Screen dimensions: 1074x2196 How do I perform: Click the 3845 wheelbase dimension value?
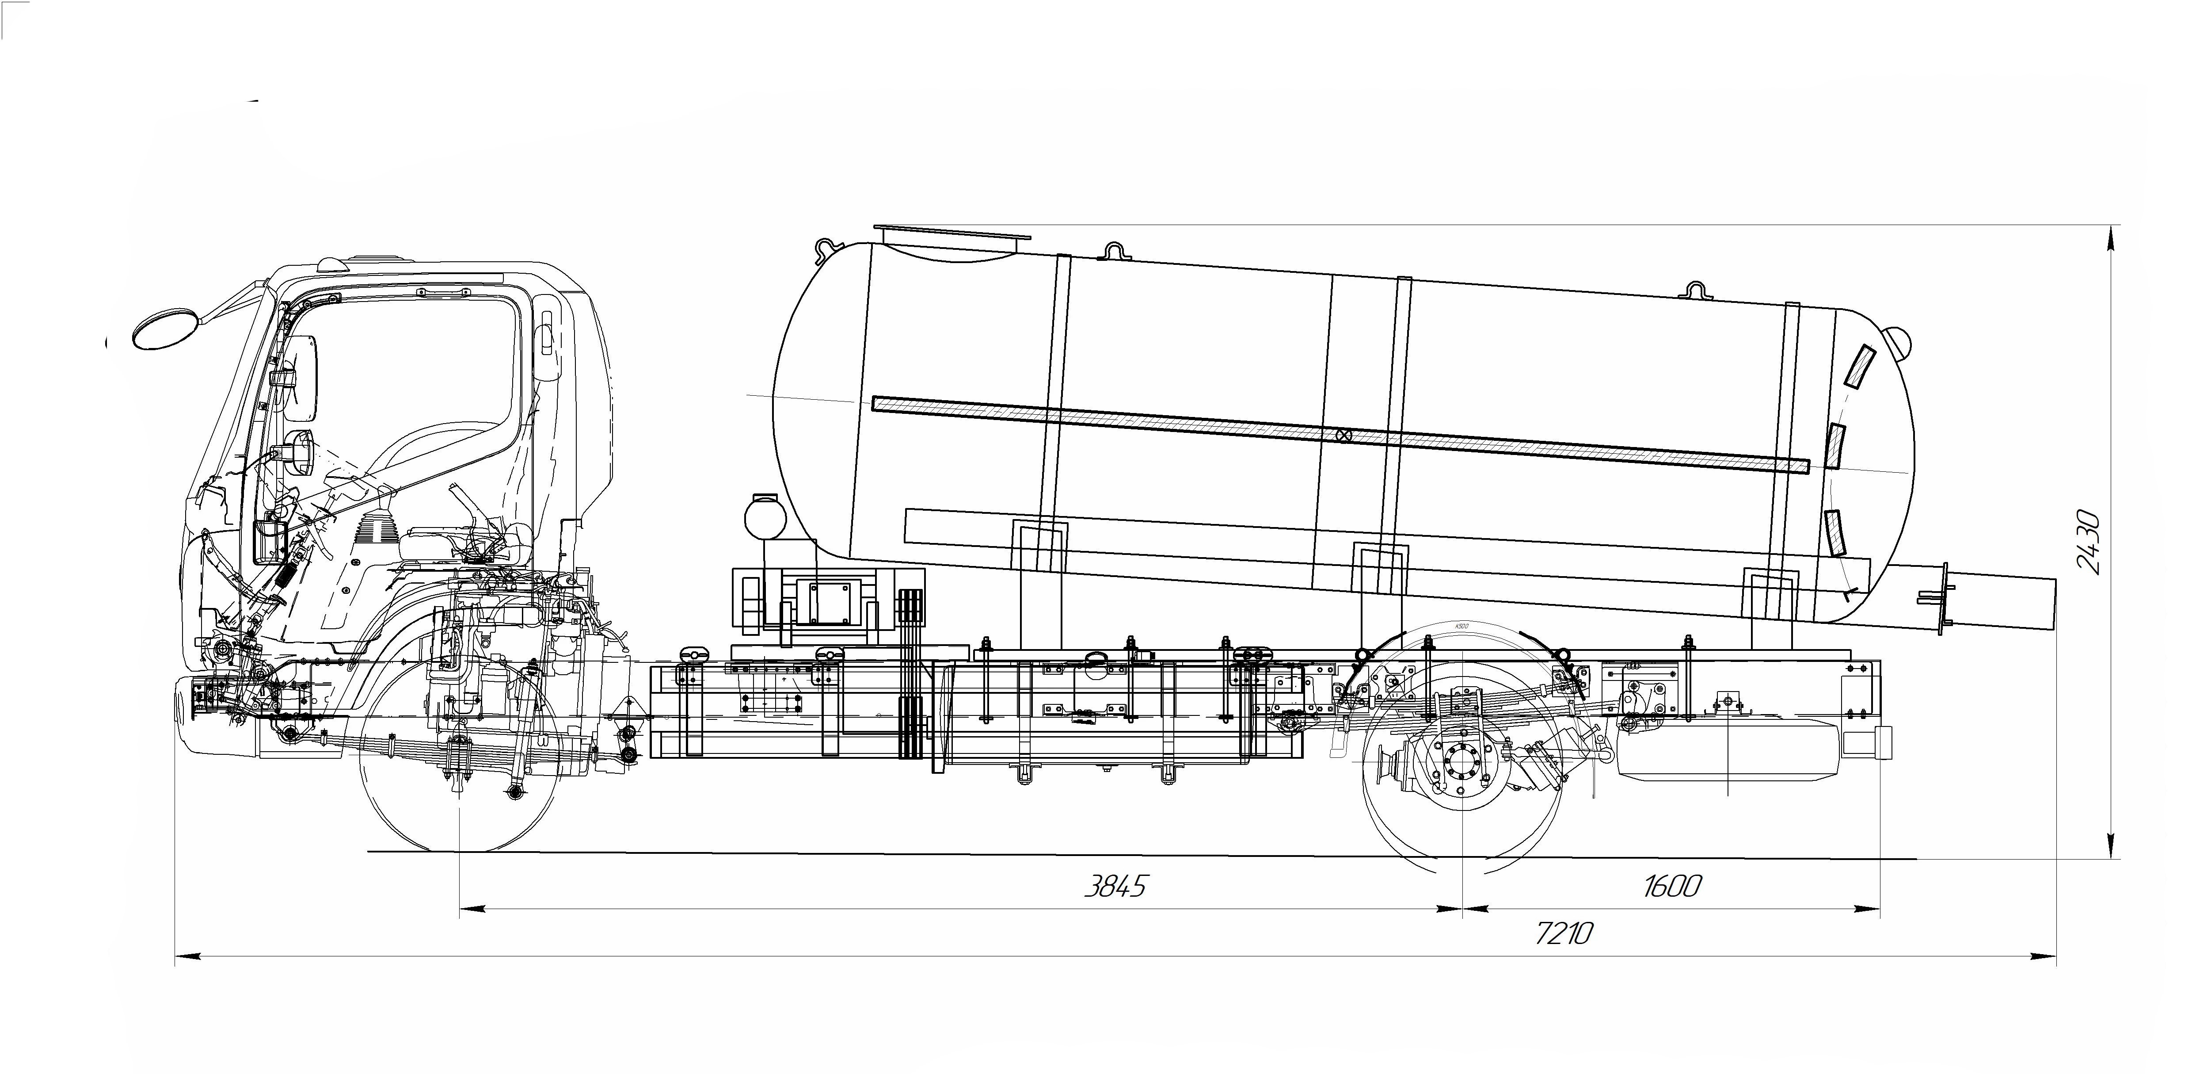(1115, 887)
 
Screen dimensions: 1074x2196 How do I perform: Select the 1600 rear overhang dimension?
(1671, 887)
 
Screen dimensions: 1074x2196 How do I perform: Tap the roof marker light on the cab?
(334, 264)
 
